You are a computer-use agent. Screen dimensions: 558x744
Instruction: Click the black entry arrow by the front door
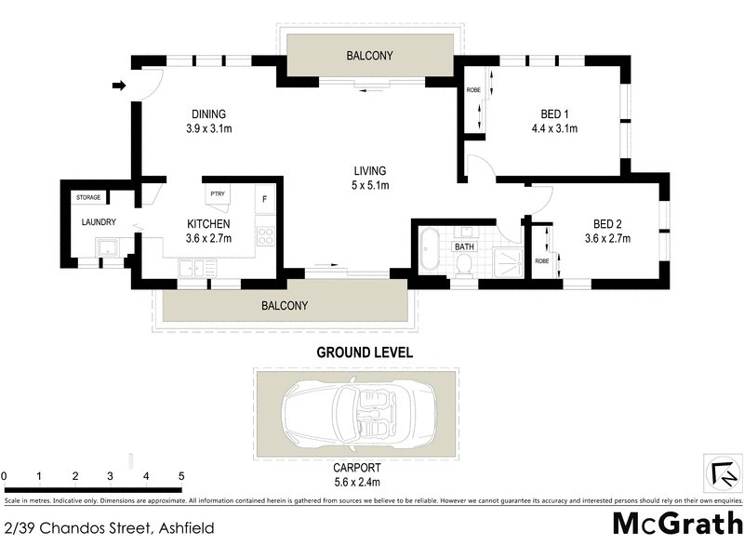118,86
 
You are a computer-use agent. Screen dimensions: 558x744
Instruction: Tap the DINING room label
204,114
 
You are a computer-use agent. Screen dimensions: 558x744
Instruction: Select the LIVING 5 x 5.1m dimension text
369,185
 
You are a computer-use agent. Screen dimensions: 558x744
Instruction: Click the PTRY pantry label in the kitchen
218,193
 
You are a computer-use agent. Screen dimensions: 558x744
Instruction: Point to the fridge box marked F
264,199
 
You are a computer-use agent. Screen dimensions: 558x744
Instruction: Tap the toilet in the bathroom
464,263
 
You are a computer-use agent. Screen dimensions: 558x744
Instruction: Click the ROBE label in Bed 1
472,90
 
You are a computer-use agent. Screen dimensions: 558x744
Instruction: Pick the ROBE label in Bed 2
541,260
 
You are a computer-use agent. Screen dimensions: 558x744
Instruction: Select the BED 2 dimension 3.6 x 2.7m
606,238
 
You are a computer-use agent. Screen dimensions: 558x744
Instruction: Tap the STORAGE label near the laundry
88,197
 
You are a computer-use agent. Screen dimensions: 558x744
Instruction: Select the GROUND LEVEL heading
365,352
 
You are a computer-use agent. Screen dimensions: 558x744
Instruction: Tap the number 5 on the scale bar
181,477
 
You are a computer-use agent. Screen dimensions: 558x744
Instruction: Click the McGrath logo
676,523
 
